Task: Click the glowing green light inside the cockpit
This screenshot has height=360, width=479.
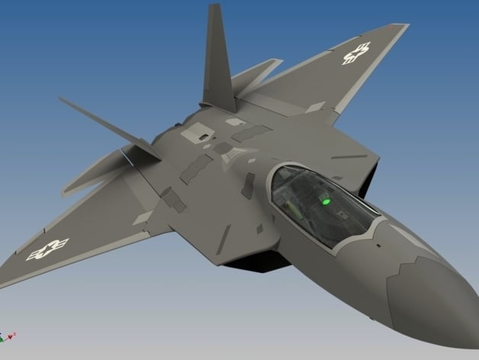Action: pyautogui.click(x=326, y=201)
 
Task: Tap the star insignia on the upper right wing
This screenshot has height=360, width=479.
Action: pyautogui.click(x=356, y=53)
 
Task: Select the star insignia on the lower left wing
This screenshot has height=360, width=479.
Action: pyautogui.click(x=47, y=249)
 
